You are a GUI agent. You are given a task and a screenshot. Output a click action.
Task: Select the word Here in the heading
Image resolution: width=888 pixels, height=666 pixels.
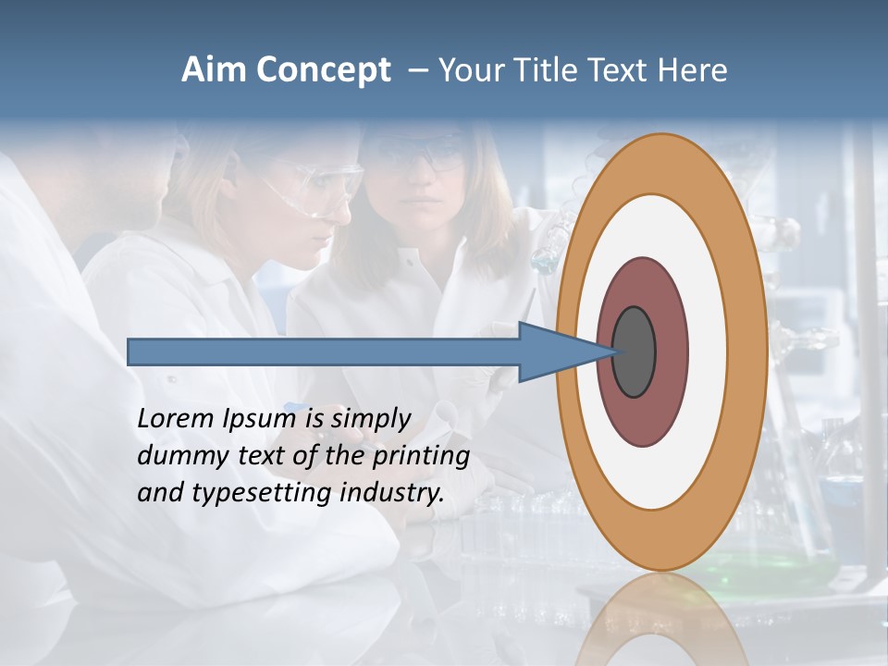pos(692,70)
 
